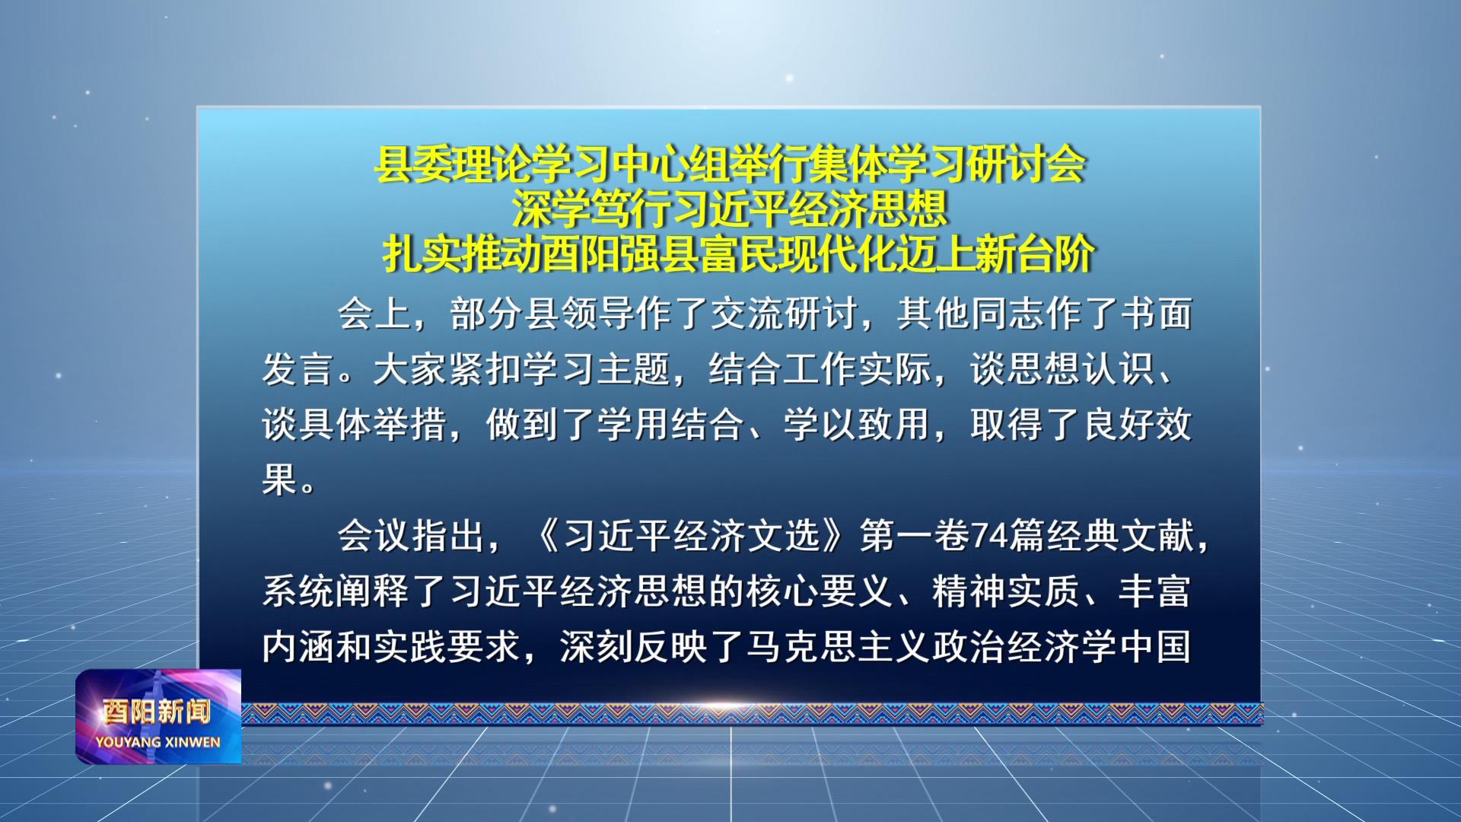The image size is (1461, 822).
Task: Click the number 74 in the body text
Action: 989,536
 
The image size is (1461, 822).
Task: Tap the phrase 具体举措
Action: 373,424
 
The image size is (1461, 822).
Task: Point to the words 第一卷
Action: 915,536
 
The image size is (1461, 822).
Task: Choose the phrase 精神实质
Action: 1006,591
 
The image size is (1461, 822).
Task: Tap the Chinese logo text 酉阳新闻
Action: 157,712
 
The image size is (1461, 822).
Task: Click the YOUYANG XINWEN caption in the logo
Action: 158,742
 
